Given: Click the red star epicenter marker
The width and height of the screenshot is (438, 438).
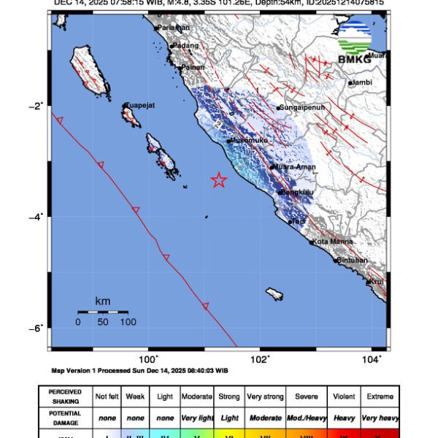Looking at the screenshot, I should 218,180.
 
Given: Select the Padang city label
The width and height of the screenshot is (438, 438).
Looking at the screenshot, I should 185,45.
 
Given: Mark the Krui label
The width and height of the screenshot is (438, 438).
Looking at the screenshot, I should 376,281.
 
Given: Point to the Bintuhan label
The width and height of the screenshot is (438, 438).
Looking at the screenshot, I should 353,260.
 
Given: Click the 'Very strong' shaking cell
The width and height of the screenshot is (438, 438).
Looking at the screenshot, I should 264,396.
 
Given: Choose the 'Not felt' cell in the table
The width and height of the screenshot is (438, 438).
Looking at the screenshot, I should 107,396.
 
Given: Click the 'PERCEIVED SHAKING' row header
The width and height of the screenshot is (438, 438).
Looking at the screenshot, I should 66,396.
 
